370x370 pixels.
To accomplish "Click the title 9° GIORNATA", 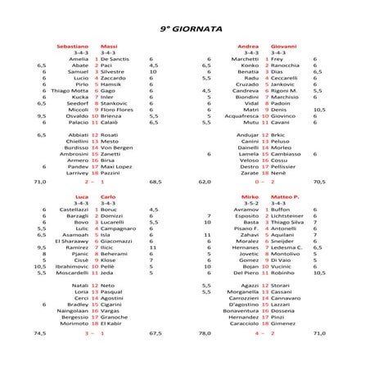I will [x=184, y=28].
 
